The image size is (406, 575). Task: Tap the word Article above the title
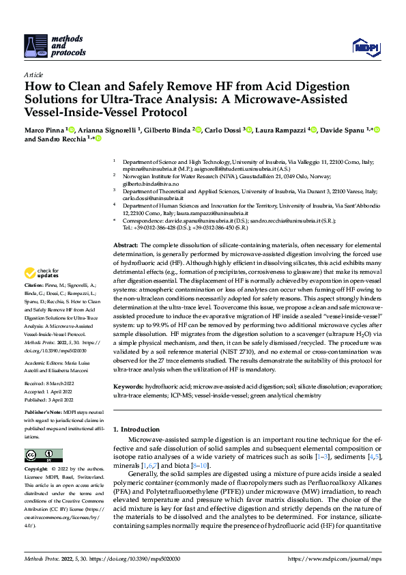pyautogui.click(x=33, y=74)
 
